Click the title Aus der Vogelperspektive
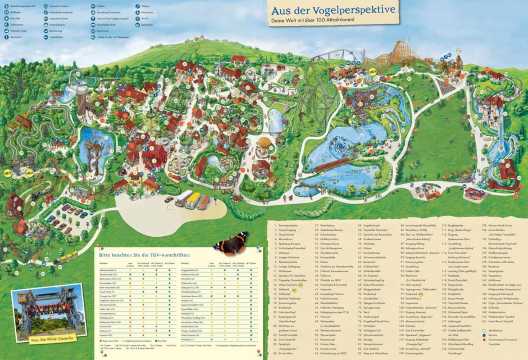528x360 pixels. (x=328, y=10)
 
